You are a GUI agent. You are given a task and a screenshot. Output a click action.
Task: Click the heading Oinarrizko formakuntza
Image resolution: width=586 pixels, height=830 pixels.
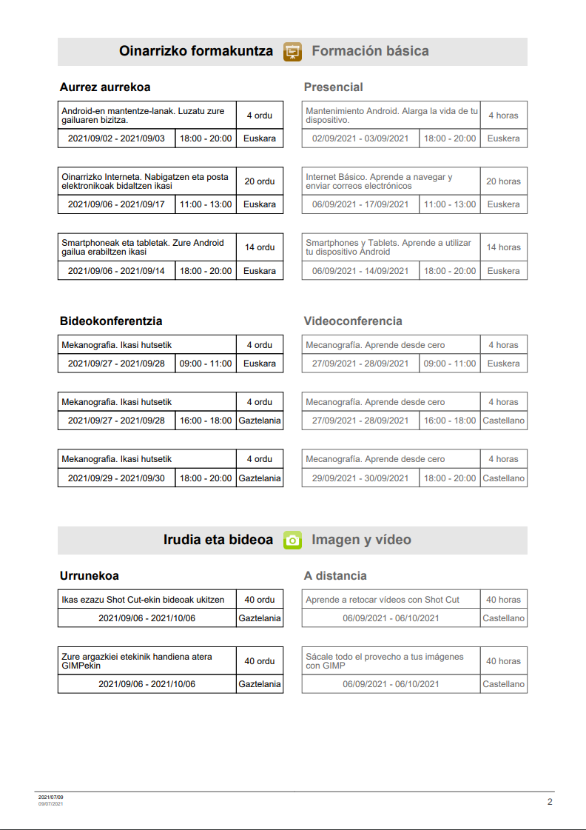196,51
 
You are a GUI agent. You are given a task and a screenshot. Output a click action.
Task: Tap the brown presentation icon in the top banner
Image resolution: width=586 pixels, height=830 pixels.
293,52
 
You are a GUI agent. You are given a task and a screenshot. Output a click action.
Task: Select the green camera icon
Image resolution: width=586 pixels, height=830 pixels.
293,540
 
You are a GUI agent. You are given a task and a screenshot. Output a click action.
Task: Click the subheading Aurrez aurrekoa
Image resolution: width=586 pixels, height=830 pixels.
105,87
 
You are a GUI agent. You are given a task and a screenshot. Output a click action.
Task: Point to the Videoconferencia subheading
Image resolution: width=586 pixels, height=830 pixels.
353,321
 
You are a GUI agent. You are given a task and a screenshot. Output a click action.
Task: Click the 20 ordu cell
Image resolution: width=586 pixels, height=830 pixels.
260,181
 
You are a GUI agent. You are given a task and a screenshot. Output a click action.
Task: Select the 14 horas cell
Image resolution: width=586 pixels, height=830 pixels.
503,247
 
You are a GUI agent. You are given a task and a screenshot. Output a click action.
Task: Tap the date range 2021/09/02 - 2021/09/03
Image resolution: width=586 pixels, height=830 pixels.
116,138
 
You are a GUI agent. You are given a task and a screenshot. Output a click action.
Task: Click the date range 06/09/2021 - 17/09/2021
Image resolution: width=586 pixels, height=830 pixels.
360,204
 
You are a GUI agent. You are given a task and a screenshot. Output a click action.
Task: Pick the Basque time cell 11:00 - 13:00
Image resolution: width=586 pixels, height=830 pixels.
206,204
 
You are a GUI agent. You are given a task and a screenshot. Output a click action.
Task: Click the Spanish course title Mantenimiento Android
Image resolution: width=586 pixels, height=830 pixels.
391,115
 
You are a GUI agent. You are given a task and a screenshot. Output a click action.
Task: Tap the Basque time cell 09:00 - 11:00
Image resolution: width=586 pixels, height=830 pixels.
206,364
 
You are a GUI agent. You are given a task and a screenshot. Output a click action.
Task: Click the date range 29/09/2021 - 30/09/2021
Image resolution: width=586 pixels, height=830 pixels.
360,478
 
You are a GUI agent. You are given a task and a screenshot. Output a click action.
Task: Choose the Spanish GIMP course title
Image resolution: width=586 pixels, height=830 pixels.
385,660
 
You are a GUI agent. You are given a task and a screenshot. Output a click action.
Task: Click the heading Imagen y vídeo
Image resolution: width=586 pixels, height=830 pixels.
361,540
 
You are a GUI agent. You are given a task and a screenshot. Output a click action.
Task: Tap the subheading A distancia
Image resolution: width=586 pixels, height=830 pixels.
335,576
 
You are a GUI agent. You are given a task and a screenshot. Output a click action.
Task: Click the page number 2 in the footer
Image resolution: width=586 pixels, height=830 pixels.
550,802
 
